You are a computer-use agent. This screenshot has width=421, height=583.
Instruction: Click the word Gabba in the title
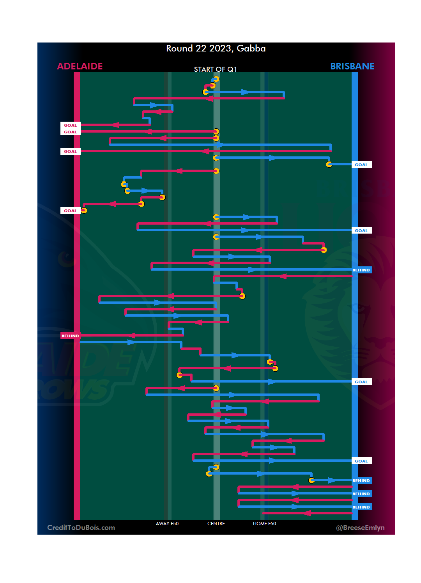coord(251,48)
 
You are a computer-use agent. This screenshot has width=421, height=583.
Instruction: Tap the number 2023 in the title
coord(220,48)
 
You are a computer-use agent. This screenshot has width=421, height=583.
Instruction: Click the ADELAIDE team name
coord(80,66)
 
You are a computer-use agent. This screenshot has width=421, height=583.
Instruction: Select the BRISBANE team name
coord(352,66)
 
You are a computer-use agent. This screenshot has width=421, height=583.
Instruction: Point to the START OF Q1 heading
coord(215,69)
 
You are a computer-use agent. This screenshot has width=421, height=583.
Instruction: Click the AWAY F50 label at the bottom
coord(167,524)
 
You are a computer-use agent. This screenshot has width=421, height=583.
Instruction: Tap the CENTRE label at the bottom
coord(216,524)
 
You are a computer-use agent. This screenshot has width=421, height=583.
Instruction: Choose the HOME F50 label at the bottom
coord(264,524)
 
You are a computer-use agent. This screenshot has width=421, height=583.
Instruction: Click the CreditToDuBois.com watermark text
coord(81,528)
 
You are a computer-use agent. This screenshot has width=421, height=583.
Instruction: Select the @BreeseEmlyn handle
coord(360,528)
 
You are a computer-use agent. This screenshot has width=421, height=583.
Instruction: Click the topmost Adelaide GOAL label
coord(70,125)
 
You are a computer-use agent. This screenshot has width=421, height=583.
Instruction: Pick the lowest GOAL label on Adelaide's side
coord(70,211)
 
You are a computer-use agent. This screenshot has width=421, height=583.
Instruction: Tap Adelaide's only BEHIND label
coord(70,336)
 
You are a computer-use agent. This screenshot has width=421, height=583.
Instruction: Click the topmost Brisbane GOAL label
coord(361,165)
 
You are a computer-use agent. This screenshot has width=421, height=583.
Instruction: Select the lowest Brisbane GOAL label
coord(361,461)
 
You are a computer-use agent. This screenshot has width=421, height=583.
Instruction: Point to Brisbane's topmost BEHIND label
coord(361,270)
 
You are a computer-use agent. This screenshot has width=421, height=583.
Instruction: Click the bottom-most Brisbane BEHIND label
coord(361,507)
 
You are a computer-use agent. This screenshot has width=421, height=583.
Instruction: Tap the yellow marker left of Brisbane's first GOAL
coord(329,164)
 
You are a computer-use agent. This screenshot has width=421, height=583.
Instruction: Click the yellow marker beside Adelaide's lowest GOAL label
coord(84,211)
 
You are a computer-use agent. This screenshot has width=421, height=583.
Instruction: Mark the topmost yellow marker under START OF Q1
coord(216,79)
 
